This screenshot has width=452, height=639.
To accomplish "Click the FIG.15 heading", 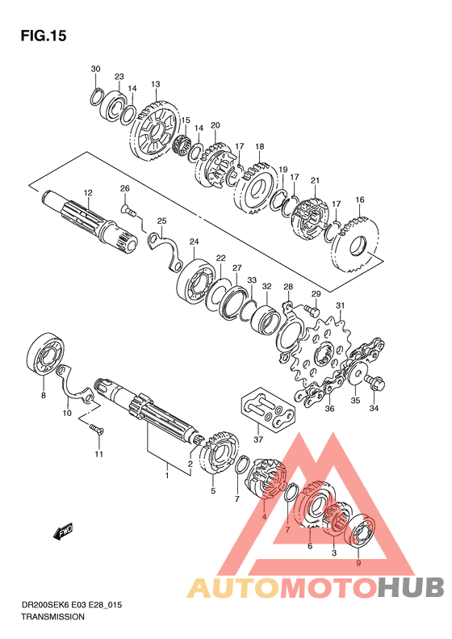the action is [44, 36].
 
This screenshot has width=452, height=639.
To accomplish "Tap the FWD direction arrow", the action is [63, 532].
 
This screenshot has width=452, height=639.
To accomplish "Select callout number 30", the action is [95, 69].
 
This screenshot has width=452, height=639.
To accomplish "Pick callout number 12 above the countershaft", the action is [88, 192].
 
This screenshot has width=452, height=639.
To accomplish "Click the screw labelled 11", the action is [96, 429].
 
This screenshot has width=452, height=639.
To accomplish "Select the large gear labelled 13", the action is [156, 129].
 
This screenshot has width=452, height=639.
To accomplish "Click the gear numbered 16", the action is [356, 246].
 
